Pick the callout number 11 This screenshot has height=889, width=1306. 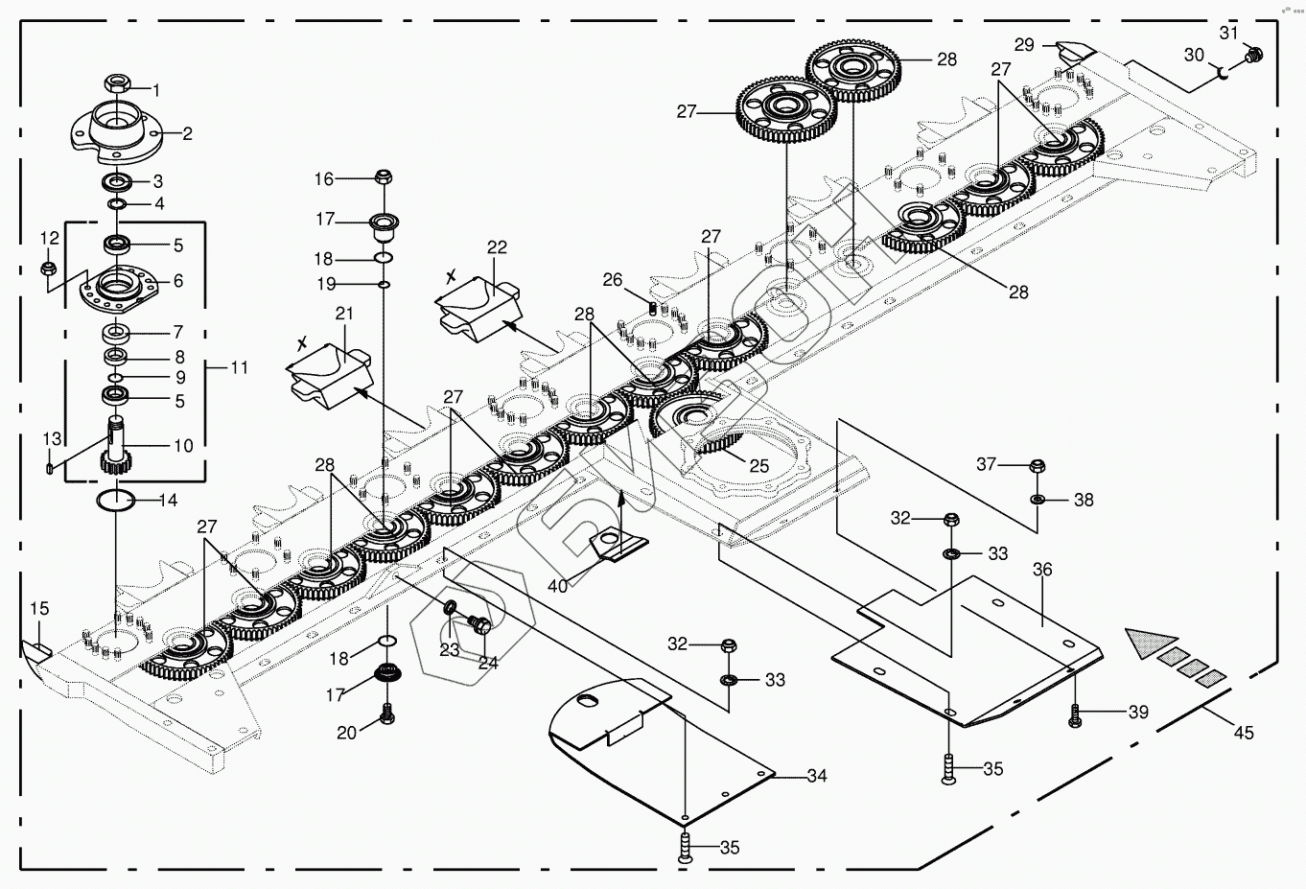pyautogui.click(x=239, y=367)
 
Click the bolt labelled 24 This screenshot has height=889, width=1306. pyautogui.click(x=480, y=625)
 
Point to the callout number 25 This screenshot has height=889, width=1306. pyautogui.click(x=758, y=466)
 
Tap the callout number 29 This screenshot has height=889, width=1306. pyautogui.click(x=1024, y=44)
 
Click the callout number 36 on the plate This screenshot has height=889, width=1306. pyautogui.click(x=1042, y=570)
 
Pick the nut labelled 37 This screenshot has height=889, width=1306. pyautogui.click(x=1036, y=467)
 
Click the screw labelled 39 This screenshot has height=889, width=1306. pyautogui.click(x=1076, y=713)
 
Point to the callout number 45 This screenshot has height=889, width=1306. pyautogui.click(x=1243, y=734)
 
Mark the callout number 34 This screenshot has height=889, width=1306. pyautogui.click(x=816, y=776)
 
